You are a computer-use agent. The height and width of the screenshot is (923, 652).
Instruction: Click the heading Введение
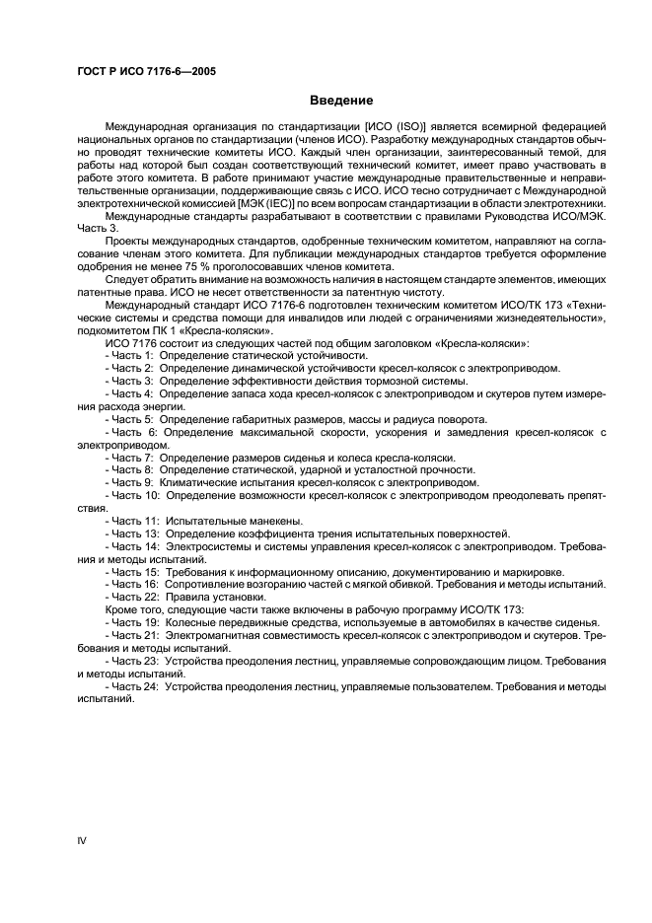[x=341, y=100]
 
